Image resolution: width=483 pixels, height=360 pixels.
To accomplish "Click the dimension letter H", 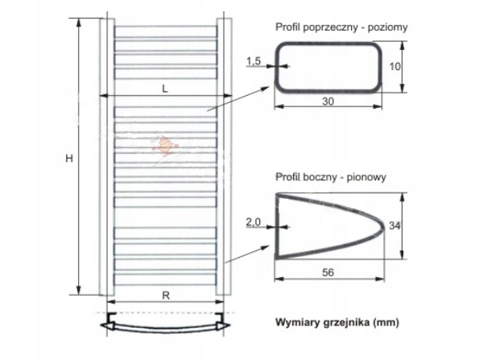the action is [x=70, y=159].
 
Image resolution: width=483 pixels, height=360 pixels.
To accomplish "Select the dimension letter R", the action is [x=165, y=295].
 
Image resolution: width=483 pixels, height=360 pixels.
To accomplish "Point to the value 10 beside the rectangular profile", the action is [x=395, y=68].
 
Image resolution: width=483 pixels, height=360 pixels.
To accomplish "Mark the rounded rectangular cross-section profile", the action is [x=328, y=68].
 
